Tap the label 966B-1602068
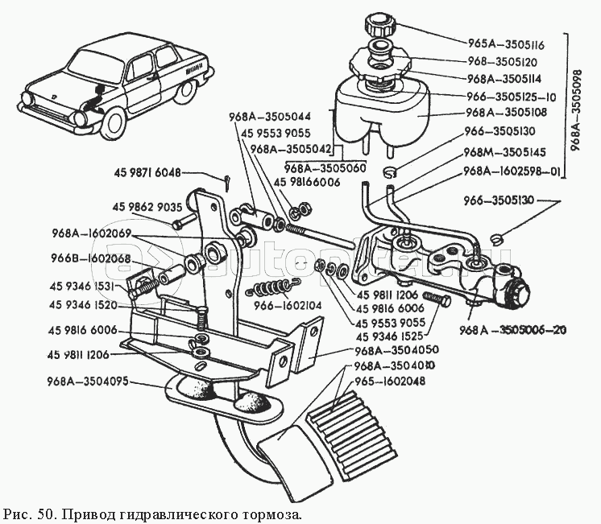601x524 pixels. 90,258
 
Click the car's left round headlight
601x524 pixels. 82,119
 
